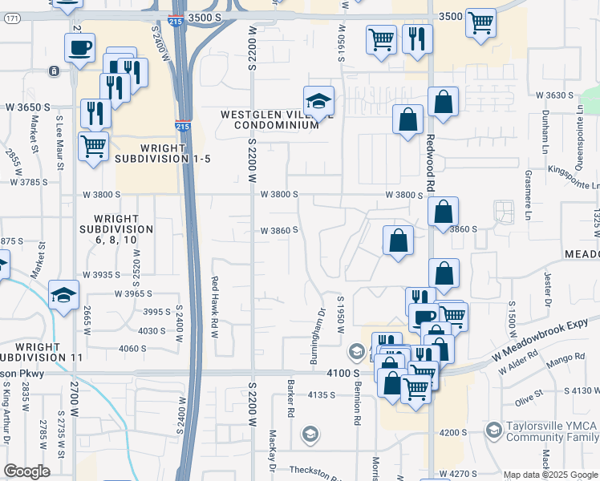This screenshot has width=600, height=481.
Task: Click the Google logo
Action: pos(26,471)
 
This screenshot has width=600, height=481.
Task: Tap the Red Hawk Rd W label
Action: pos(214,307)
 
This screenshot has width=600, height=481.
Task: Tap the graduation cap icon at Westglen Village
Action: pos(318,101)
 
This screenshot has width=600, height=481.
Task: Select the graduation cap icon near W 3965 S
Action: pos(63,295)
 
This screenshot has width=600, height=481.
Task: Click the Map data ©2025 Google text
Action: pos(551,475)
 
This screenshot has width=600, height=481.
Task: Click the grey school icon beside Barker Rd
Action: pos(309,435)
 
